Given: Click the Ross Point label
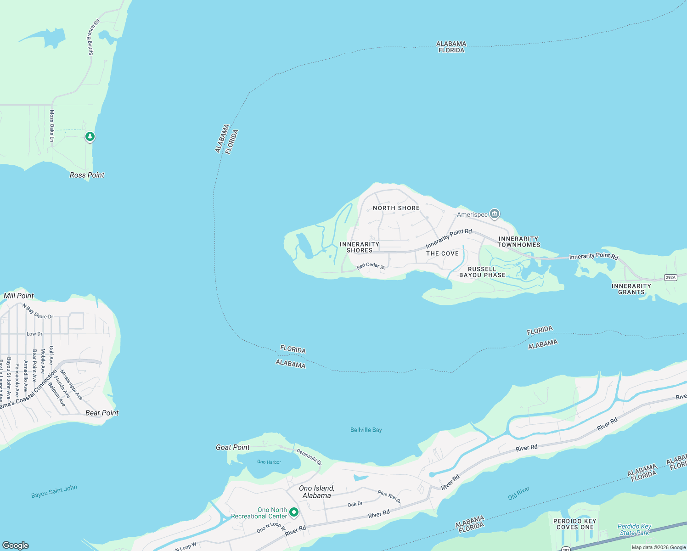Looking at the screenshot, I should point(87,175).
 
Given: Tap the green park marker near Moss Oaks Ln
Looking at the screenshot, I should point(90,136).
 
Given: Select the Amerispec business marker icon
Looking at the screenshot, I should point(495,214).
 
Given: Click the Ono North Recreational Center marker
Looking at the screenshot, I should point(294,512).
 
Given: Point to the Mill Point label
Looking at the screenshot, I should point(19,296).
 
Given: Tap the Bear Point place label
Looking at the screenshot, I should point(102,413).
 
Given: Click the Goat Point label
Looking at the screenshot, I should point(233,447).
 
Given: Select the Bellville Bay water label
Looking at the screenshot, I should point(366,430).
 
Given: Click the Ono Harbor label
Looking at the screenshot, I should point(269,462).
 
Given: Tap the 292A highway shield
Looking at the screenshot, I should point(671,277).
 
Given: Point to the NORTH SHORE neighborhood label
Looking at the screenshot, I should point(396,208).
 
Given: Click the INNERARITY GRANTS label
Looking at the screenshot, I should point(631,289).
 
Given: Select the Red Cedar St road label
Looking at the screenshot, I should point(371,266).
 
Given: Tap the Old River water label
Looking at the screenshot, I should point(519,494).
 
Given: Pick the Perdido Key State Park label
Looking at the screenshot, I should point(634,529).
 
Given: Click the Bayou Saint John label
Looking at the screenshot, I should point(54,491).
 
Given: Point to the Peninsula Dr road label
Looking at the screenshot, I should point(309,457).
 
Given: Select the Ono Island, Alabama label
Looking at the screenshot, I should point(316,492).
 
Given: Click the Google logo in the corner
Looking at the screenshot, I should point(16,545).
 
